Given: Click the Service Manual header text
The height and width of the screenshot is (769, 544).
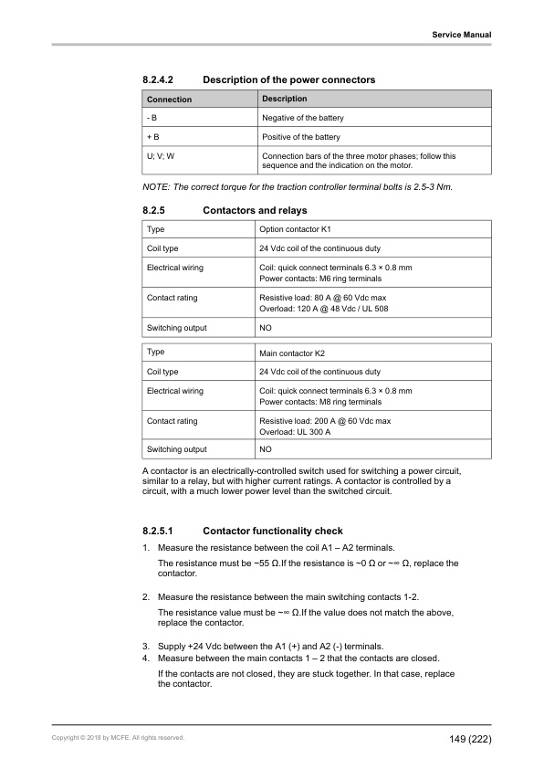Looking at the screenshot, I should click(462, 35).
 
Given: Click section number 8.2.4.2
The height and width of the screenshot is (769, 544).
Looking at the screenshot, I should click(161, 80).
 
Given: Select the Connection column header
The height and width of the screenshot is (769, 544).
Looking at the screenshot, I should click(170, 100).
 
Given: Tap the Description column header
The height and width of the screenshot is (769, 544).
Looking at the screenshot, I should click(285, 99).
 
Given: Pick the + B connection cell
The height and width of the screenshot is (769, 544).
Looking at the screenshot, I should click(153, 137).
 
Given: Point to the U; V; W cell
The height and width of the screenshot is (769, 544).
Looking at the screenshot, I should click(162, 156).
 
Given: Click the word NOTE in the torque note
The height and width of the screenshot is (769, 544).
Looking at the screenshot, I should click(156, 187).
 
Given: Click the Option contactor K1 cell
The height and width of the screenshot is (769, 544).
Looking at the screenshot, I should click(301, 228).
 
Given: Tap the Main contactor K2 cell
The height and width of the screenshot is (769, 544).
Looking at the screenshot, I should click(298, 353).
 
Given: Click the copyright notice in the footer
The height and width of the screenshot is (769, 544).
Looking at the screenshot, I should click(118, 738).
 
